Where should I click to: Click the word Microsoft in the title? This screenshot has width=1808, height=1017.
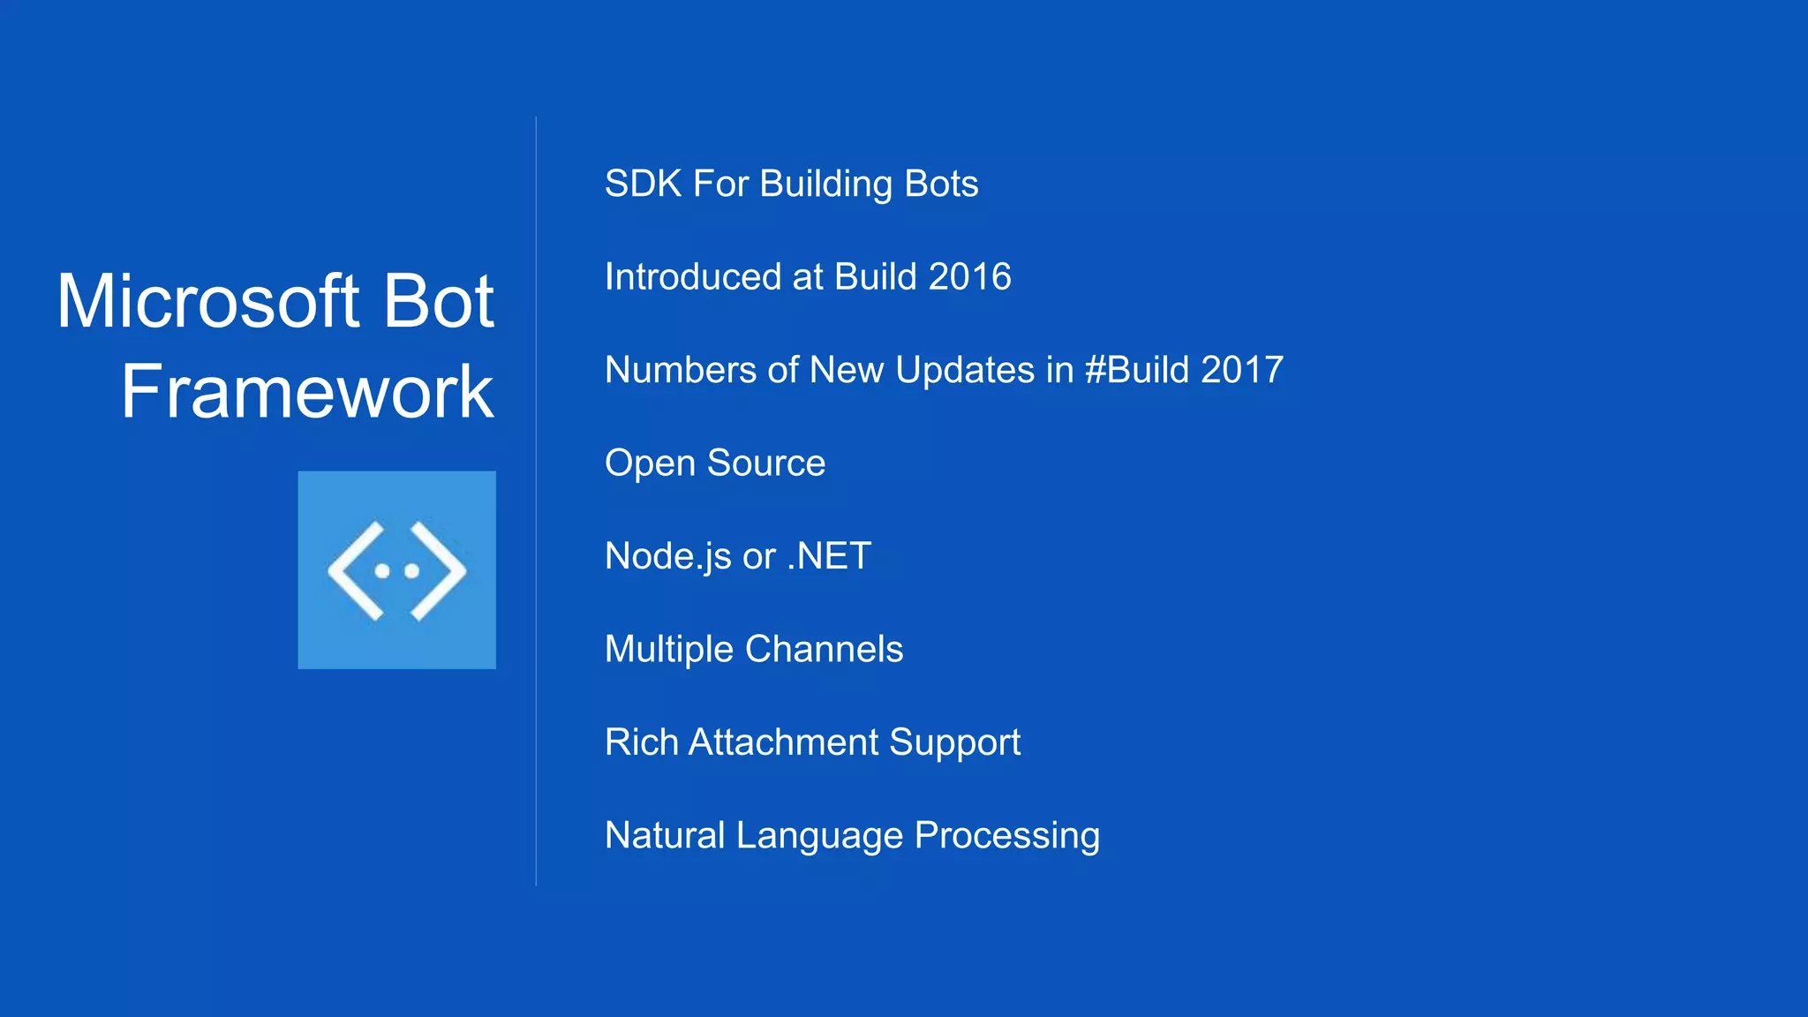click(x=208, y=301)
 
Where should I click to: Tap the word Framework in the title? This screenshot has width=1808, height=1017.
click(x=307, y=391)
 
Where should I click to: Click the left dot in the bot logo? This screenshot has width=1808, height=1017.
click(x=382, y=571)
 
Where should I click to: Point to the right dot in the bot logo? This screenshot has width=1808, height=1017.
click(x=411, y=571)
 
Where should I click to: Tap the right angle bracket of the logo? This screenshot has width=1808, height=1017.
click(x=439, y=571)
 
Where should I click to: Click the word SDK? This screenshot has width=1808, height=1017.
click(x=643, y=184)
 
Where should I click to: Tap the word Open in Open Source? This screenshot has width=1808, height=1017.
click(x=650, y=463)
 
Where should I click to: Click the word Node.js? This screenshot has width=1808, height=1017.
click(x=668, y=557)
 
